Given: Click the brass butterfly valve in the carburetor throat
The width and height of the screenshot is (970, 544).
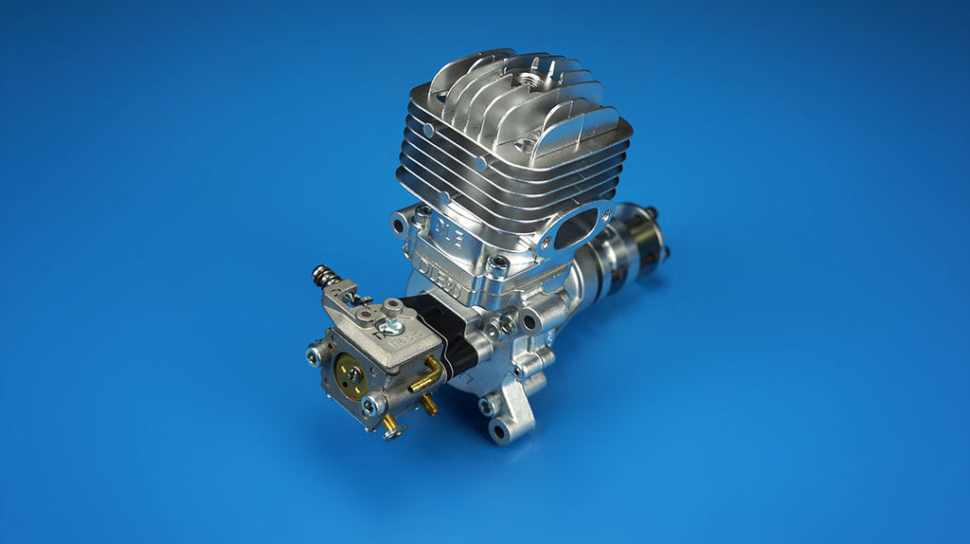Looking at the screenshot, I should (351, 372).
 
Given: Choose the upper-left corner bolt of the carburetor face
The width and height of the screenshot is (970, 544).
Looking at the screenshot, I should (314, 354).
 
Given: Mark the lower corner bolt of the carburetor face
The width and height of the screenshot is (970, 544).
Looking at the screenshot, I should (372, 406).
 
